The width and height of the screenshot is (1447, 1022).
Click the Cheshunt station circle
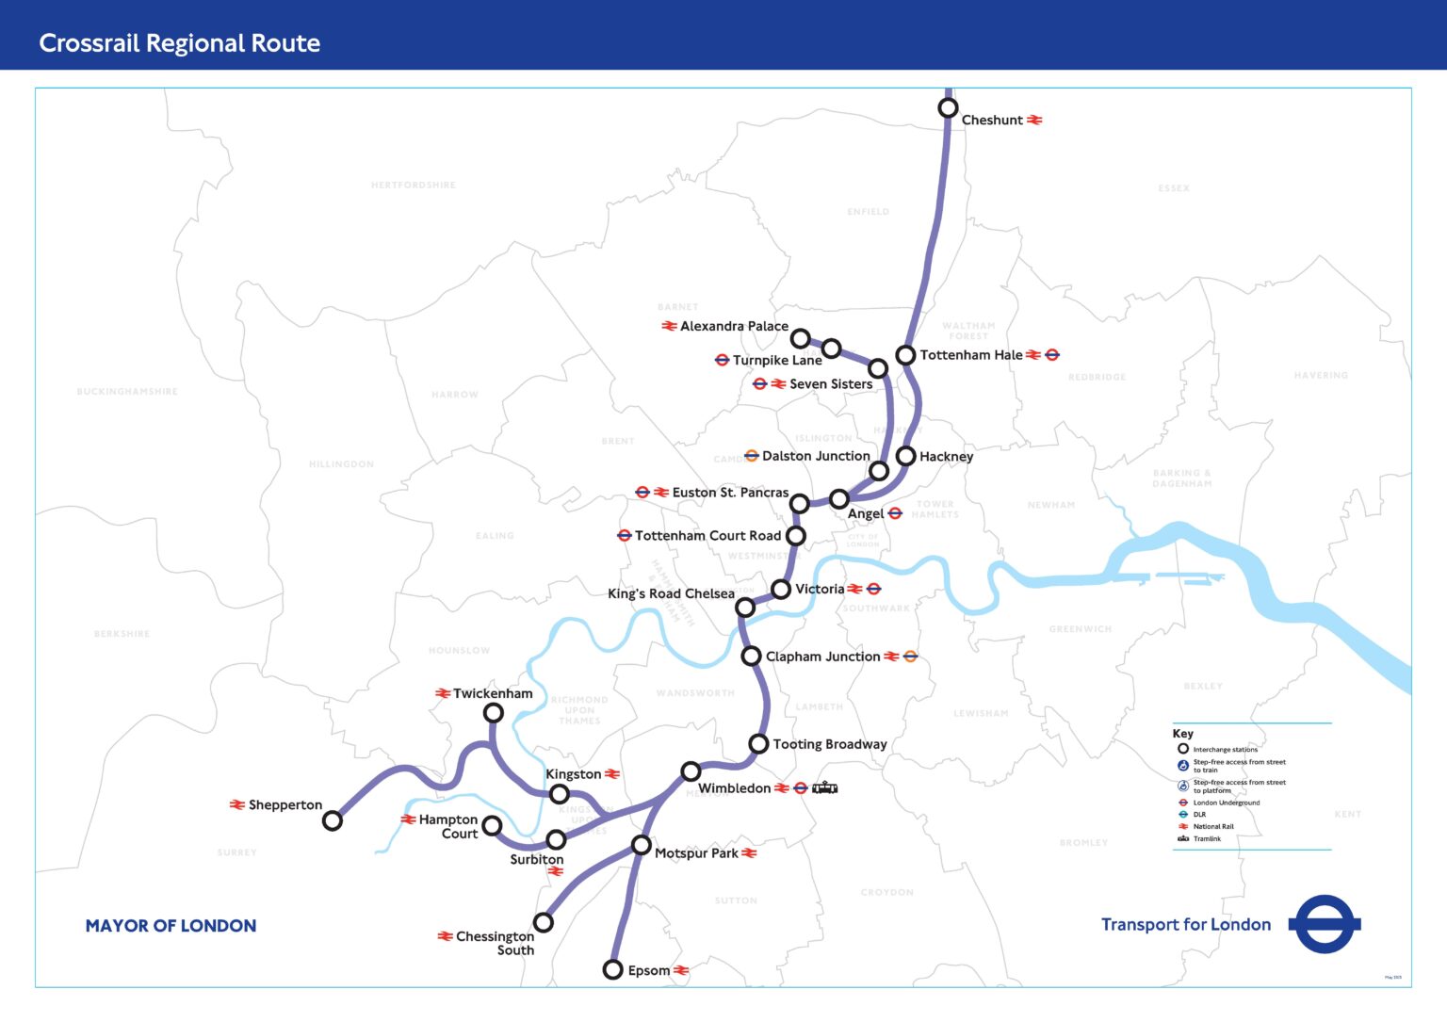pyautogui.click(x=948, y=108)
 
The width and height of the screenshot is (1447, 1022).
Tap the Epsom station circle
pyautogui.click(x=612, y=969)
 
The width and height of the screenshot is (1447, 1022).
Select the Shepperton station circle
pyautogui.click(x=332, y=820)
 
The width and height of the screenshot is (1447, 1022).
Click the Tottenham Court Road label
pyautogui.click(x=707, y=536)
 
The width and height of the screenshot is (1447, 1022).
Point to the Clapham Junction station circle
pyautogui.click(x=751, y=656)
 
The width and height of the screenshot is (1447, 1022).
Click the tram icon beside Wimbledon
pyautogui.click(x=824, y=787)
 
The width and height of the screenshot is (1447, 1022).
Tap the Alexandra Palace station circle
pyautogui.click(x=800, y=338)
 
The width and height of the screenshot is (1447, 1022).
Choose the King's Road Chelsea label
pyautogui.click(x=671, y=593)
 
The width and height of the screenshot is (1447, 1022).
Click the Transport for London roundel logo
pyautogui.click(x=1325, y=924)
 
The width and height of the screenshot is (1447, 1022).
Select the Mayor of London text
pyautogui.click(x=171, y=926)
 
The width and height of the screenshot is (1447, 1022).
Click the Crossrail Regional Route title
pyautogui.click(x=179, y=43)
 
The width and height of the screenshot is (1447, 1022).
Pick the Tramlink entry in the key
pyautogui.click(x=1206, y=838)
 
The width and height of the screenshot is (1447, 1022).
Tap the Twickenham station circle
pyautogui.click(x=493, y=713)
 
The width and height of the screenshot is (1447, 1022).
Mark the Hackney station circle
pyautogui.click(x=905, y=456)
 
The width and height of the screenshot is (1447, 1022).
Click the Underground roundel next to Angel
pyautogui.click(x=895, y=513)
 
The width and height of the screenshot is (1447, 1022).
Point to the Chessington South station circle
pyautogui.click(x=543, y=921)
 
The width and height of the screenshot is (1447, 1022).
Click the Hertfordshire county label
pyautogui.click(x=413, y=186)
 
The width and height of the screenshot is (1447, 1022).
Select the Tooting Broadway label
pyautogui.click(x=829, y=744)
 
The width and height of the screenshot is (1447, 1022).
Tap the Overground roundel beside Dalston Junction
pyautogui.click(x=751, y=456)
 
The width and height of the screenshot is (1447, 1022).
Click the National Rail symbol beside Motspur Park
pyautogui.click(x=749, y=853)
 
